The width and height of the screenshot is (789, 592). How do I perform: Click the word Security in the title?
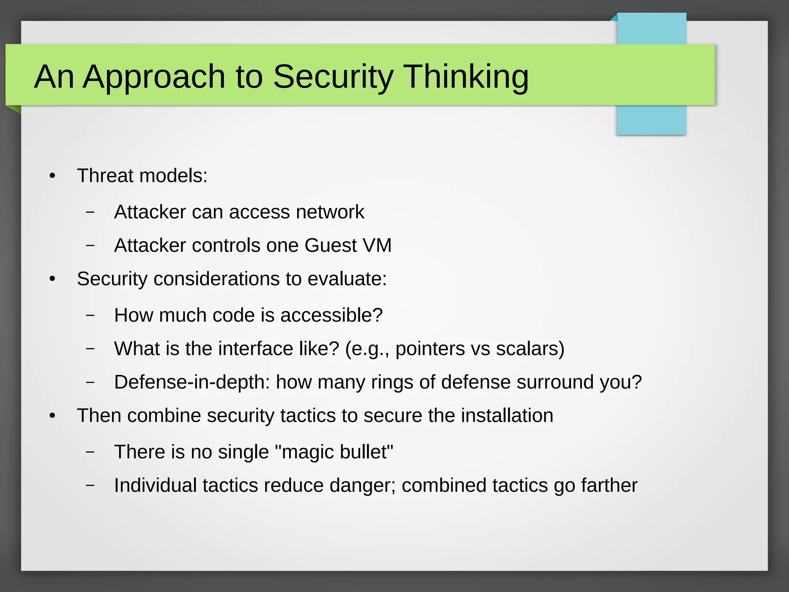[x=333, y=76]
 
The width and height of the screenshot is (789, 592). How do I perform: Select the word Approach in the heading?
[x=154, y=76]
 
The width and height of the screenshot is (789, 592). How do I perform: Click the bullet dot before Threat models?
[x=52, y=176]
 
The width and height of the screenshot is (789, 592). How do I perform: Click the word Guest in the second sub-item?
[x=331, y=246]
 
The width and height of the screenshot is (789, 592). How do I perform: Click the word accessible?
[x=331, y=315]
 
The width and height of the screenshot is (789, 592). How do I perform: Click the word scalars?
[x=530, y=349]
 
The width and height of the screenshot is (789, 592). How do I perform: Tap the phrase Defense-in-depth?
[x=192, y=382]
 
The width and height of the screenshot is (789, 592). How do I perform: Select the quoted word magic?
[x=300, y=452]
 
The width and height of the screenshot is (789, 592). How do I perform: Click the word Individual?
[x=155, y=486]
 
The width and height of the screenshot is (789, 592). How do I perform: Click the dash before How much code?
[x=90, y=315]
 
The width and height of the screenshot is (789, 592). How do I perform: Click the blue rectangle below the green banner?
[x=651, y=120]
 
